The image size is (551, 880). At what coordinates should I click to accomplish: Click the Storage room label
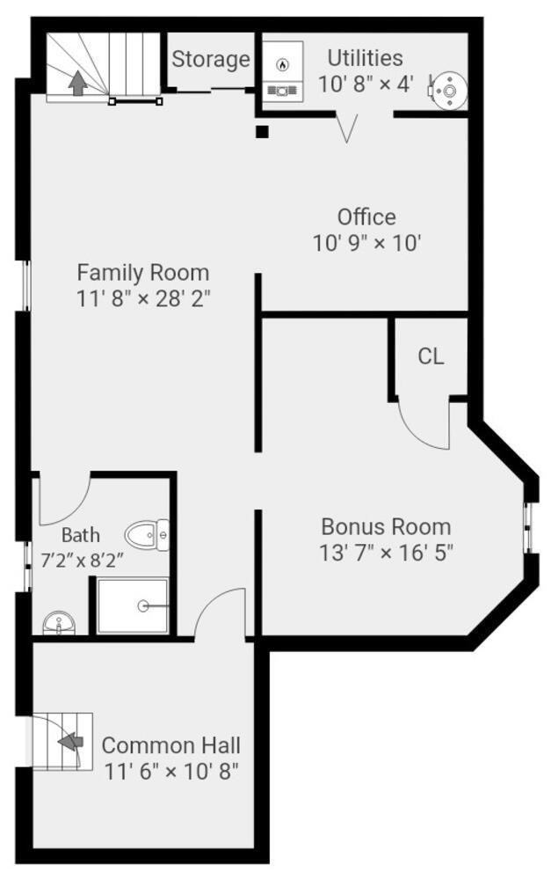(211, 60)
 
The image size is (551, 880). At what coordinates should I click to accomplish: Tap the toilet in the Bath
(148, 532)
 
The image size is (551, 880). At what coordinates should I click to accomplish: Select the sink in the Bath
(59, 624)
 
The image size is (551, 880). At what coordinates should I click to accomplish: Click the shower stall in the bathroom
(132, 605)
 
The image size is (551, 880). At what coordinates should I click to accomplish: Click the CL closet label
(431, 356)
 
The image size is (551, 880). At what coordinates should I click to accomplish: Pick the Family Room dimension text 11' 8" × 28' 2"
(143, 297)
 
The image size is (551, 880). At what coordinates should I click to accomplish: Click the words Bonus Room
(386, 527)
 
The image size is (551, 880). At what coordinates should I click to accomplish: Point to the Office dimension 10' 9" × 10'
(366, 242)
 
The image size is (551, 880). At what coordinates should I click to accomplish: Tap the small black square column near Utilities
(261, 132)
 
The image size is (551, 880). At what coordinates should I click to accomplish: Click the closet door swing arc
(422, 427)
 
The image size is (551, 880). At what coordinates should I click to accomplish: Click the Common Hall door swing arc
(220, 612)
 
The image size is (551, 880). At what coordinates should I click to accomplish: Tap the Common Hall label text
(171, 745)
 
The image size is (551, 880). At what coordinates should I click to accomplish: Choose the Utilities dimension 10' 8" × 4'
(366, 85)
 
